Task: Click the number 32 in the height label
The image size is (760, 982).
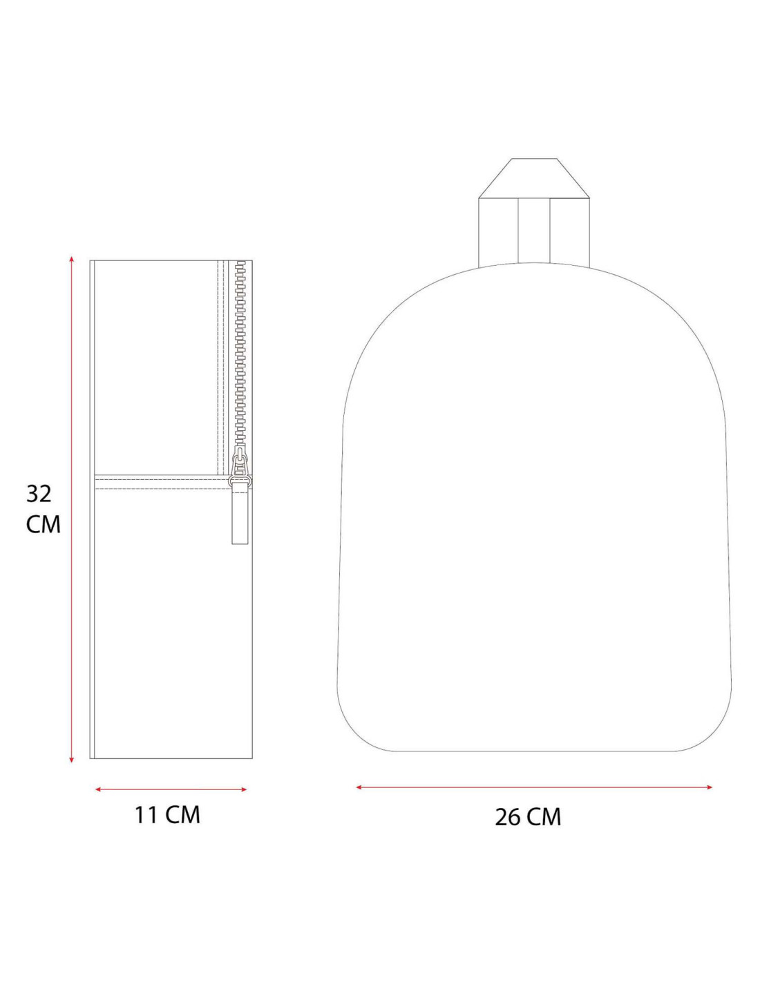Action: coord(39,494)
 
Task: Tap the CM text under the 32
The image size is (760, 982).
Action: coord(43,524)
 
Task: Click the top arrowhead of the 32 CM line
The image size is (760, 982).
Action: coord(71,259)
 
